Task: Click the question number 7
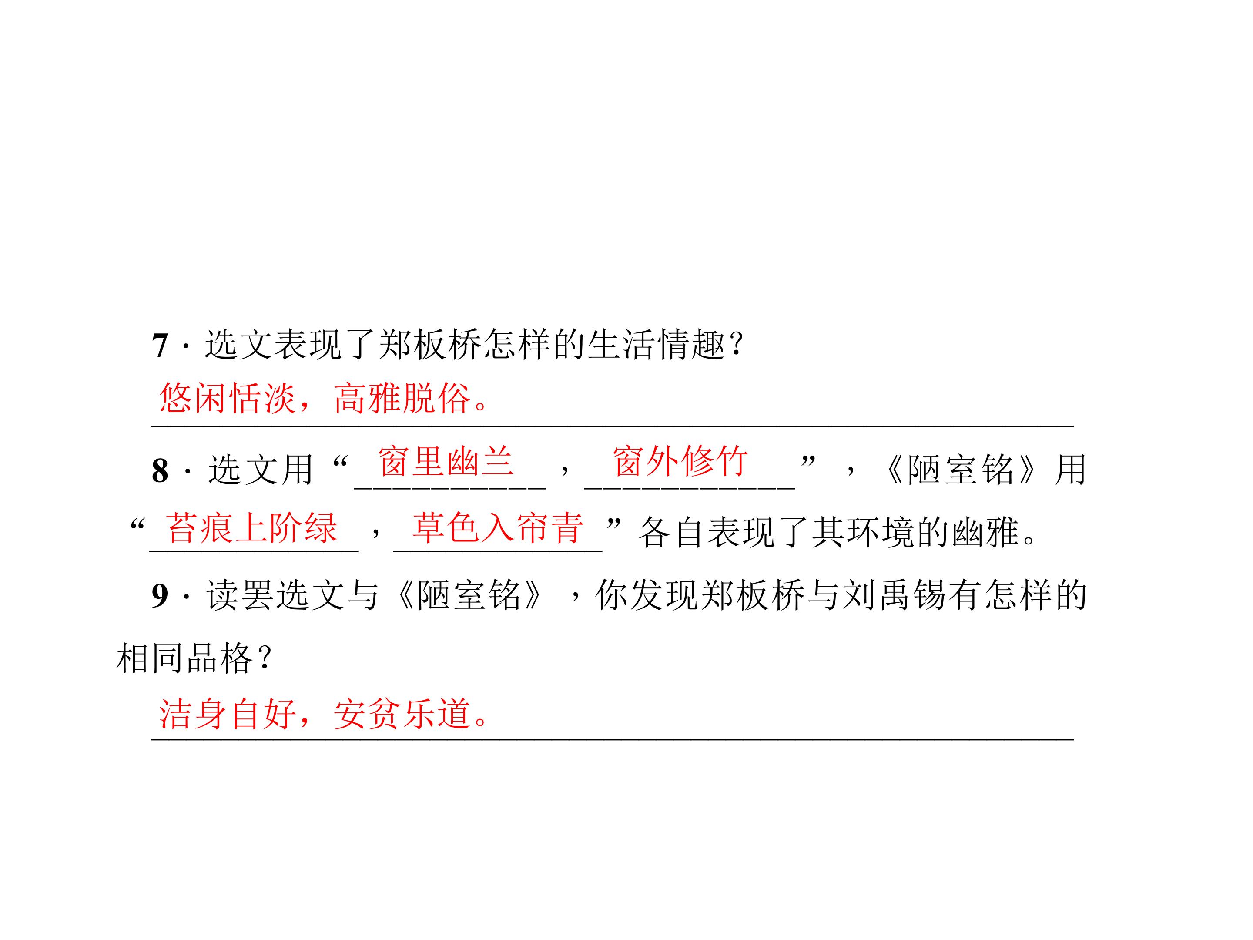click(160, 345)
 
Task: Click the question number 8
click(160, 470)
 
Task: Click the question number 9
click(160, 595)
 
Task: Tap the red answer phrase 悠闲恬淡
click(227, 398)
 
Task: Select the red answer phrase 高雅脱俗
click(402, 398)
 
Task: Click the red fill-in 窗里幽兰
click(446, 461)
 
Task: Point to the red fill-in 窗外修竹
click(680, 461)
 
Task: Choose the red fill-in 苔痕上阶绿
click(252, 527)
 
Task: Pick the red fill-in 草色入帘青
click(498, 527)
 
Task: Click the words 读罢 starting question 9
click(240, 595)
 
